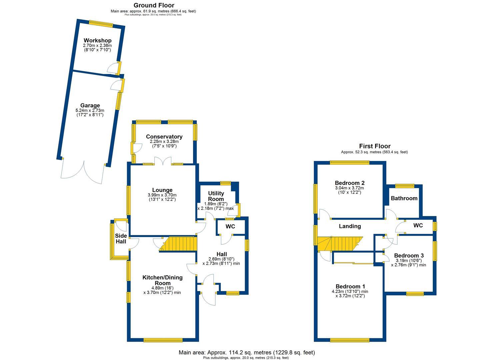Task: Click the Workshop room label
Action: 97,41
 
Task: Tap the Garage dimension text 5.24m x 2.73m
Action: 90,110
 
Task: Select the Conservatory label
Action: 164,137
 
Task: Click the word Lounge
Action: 162,190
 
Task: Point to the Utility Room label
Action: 216,196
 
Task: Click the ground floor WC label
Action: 230,227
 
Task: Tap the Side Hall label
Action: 121,238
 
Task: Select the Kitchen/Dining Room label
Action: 162,280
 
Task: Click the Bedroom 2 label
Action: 350,183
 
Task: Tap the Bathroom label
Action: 404,198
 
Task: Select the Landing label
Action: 350,226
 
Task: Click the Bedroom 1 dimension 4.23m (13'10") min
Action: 350,291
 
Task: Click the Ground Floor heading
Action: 154,5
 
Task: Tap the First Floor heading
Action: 375,146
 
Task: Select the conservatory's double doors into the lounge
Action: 162,161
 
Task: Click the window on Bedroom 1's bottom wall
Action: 350,340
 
